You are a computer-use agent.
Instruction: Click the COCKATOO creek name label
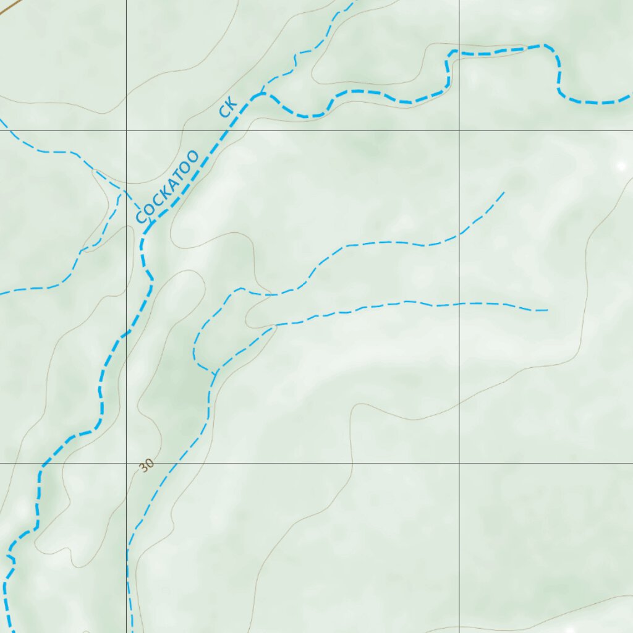[x=168, y=187]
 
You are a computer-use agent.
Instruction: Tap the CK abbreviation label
[x=227, y=108]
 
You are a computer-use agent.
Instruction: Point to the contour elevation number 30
[x=146, y=465]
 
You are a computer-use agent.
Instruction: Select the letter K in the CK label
[x=231, y=103]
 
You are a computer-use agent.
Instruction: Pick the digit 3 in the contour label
[x=143, y=468]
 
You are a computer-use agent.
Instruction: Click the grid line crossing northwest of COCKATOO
[x=127, y=130]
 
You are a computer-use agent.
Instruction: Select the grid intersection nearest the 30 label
[x=127, y=463]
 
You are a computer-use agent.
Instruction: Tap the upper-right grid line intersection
[x=459, y=130]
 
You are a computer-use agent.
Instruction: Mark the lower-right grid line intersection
[x=459, y=463]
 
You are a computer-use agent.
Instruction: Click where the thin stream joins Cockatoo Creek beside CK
[x=261, y=94]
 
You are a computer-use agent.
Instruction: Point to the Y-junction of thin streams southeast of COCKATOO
[x=214, y=373]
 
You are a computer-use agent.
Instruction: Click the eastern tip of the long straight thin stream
[x=548, y=310]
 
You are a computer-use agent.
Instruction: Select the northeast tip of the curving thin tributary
[x=504, y=192]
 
